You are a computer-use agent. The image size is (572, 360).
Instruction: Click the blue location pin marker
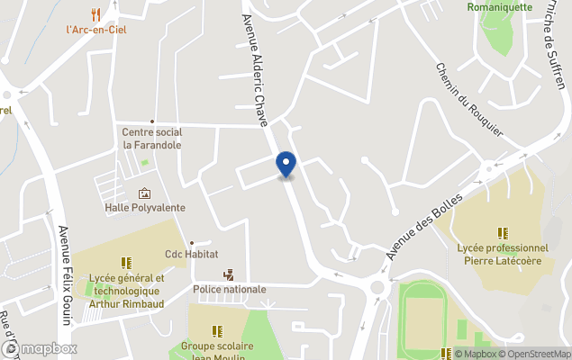(286, 164)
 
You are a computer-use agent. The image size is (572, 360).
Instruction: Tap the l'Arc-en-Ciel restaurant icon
(95, 13)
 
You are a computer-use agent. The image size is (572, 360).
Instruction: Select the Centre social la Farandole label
(151, 139)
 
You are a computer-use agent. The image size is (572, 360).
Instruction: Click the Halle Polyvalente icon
(144, 193)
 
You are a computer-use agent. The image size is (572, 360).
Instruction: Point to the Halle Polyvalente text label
(145, 208)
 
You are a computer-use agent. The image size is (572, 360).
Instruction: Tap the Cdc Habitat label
(191, 255)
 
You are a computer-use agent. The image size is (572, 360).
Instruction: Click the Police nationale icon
(229, 274)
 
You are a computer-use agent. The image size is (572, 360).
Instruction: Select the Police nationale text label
(229, 289)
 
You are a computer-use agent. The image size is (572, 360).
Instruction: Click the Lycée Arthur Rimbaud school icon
(126, 263)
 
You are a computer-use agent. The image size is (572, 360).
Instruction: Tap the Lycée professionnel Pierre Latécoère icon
(502, 233)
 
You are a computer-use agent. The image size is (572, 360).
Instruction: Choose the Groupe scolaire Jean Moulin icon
(217, 330)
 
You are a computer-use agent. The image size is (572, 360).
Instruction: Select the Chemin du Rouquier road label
(468, 100)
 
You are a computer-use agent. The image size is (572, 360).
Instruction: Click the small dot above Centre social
(151, 121)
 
